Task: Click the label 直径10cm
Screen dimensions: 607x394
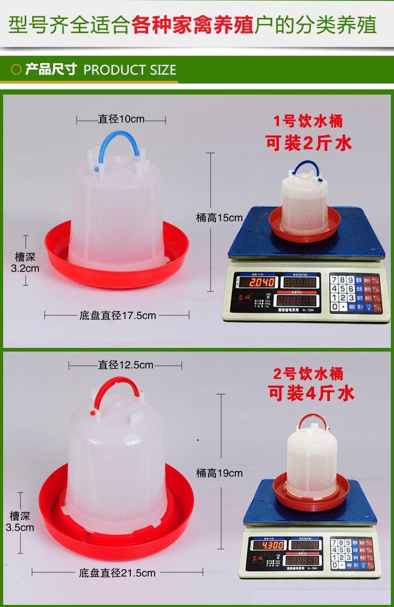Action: pos(121,119)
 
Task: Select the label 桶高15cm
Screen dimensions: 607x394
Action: pos(220,217)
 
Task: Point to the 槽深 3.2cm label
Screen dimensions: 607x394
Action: pos(25,263)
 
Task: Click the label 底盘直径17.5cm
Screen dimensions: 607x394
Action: pos(118,316)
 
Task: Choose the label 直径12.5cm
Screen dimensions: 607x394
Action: pos(126,365)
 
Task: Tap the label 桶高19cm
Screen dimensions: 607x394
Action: pos(220,473)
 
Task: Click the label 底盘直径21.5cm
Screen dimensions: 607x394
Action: pos(117,573)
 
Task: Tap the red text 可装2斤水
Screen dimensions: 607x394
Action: pos(309,142)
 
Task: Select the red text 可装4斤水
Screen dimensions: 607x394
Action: pos(311,393)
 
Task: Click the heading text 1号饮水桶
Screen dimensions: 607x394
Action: pos(308,122)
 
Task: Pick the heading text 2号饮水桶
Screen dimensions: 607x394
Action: pos(308,374)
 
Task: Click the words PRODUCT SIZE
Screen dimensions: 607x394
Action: pos(130,70)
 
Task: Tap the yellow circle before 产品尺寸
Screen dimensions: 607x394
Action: pos(16,69)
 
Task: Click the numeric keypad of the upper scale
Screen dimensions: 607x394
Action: pos(342,293)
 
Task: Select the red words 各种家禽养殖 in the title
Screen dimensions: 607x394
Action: pos(192,25)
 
